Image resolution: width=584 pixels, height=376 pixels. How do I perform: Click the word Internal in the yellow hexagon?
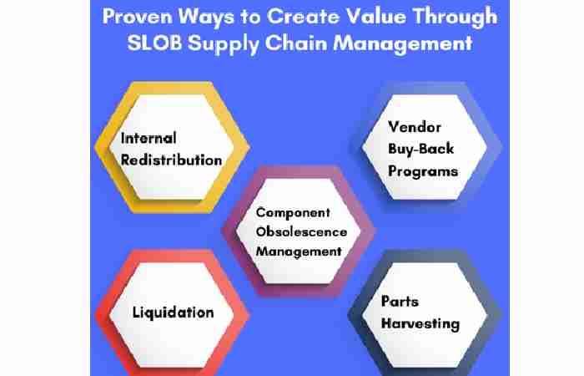tap(149, 138)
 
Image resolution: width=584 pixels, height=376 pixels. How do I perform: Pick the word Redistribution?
tap(171, 159)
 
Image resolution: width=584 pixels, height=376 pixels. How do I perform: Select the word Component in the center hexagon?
tap(292, 213)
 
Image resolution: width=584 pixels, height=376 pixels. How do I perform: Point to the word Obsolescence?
tap(299, 231)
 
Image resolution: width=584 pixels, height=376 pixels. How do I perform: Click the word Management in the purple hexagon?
tap(299, 251)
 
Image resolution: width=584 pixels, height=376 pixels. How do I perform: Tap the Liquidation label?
tap(173, 312)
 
